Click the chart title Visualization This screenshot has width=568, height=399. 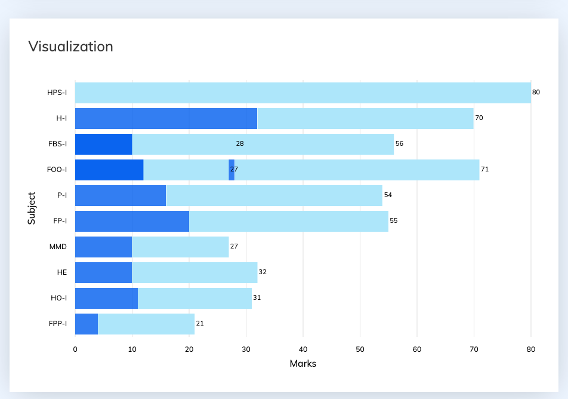[x=70, y=47]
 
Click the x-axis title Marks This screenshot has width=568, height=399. [x=302, y=364]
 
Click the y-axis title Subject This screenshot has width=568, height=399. [x=32, y=208]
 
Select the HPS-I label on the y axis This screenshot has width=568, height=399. [x=57, y=93]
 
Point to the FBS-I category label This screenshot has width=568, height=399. [x=57, y=144]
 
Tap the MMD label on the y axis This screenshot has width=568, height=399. [x=58, y=247]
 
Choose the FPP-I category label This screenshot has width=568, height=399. [x=57, y=324]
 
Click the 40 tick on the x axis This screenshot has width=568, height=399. [x=303, y=349]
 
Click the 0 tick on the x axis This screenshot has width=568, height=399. [x=75, y=349]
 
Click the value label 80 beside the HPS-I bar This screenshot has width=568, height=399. [x=536, y=93]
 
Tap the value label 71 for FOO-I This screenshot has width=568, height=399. [x=484, y=170]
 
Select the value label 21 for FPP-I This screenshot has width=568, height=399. [x=200, y=324]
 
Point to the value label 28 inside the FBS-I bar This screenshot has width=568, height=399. [x=240, y=144]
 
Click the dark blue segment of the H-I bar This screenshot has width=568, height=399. [x=166, y=118]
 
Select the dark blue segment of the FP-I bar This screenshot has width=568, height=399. [x=132, y=221]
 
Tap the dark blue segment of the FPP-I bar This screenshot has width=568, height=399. [x=87, y=324]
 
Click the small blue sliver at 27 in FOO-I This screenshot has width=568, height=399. [x=231, y=170]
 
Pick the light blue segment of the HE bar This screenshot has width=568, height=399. [x=195, y=272]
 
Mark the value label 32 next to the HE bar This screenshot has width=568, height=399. [x=263, y=272]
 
